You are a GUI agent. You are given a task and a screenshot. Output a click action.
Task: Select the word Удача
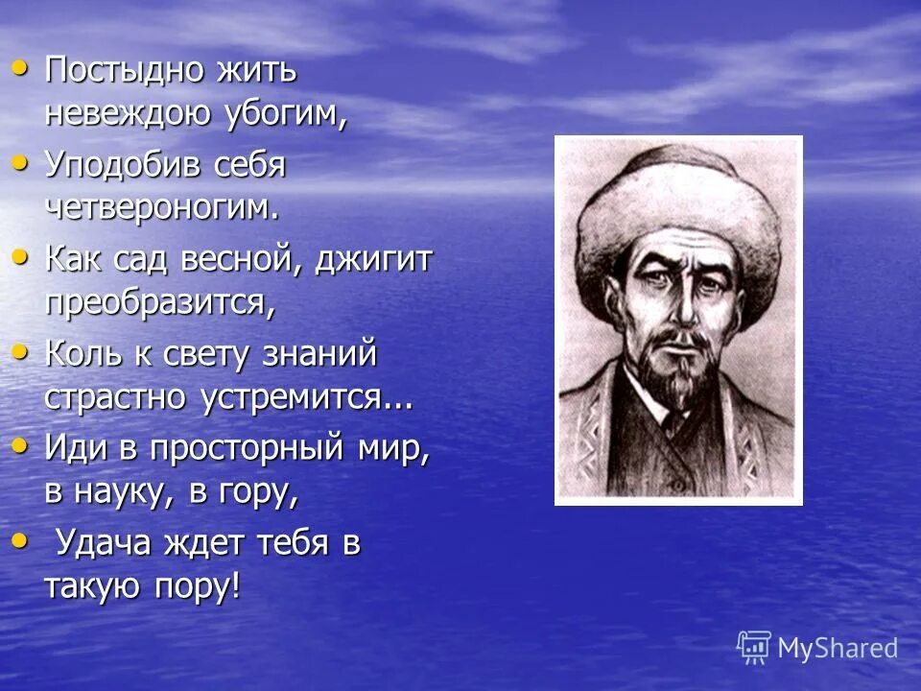coord(105,544)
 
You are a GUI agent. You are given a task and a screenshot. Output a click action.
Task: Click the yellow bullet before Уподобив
coord(20,164)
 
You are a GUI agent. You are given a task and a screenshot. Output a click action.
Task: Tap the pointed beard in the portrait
coord(677,379)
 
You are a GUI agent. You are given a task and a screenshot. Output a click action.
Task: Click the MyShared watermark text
coord(837,648)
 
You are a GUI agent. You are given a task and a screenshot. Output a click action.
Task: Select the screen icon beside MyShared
coord(754,647)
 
